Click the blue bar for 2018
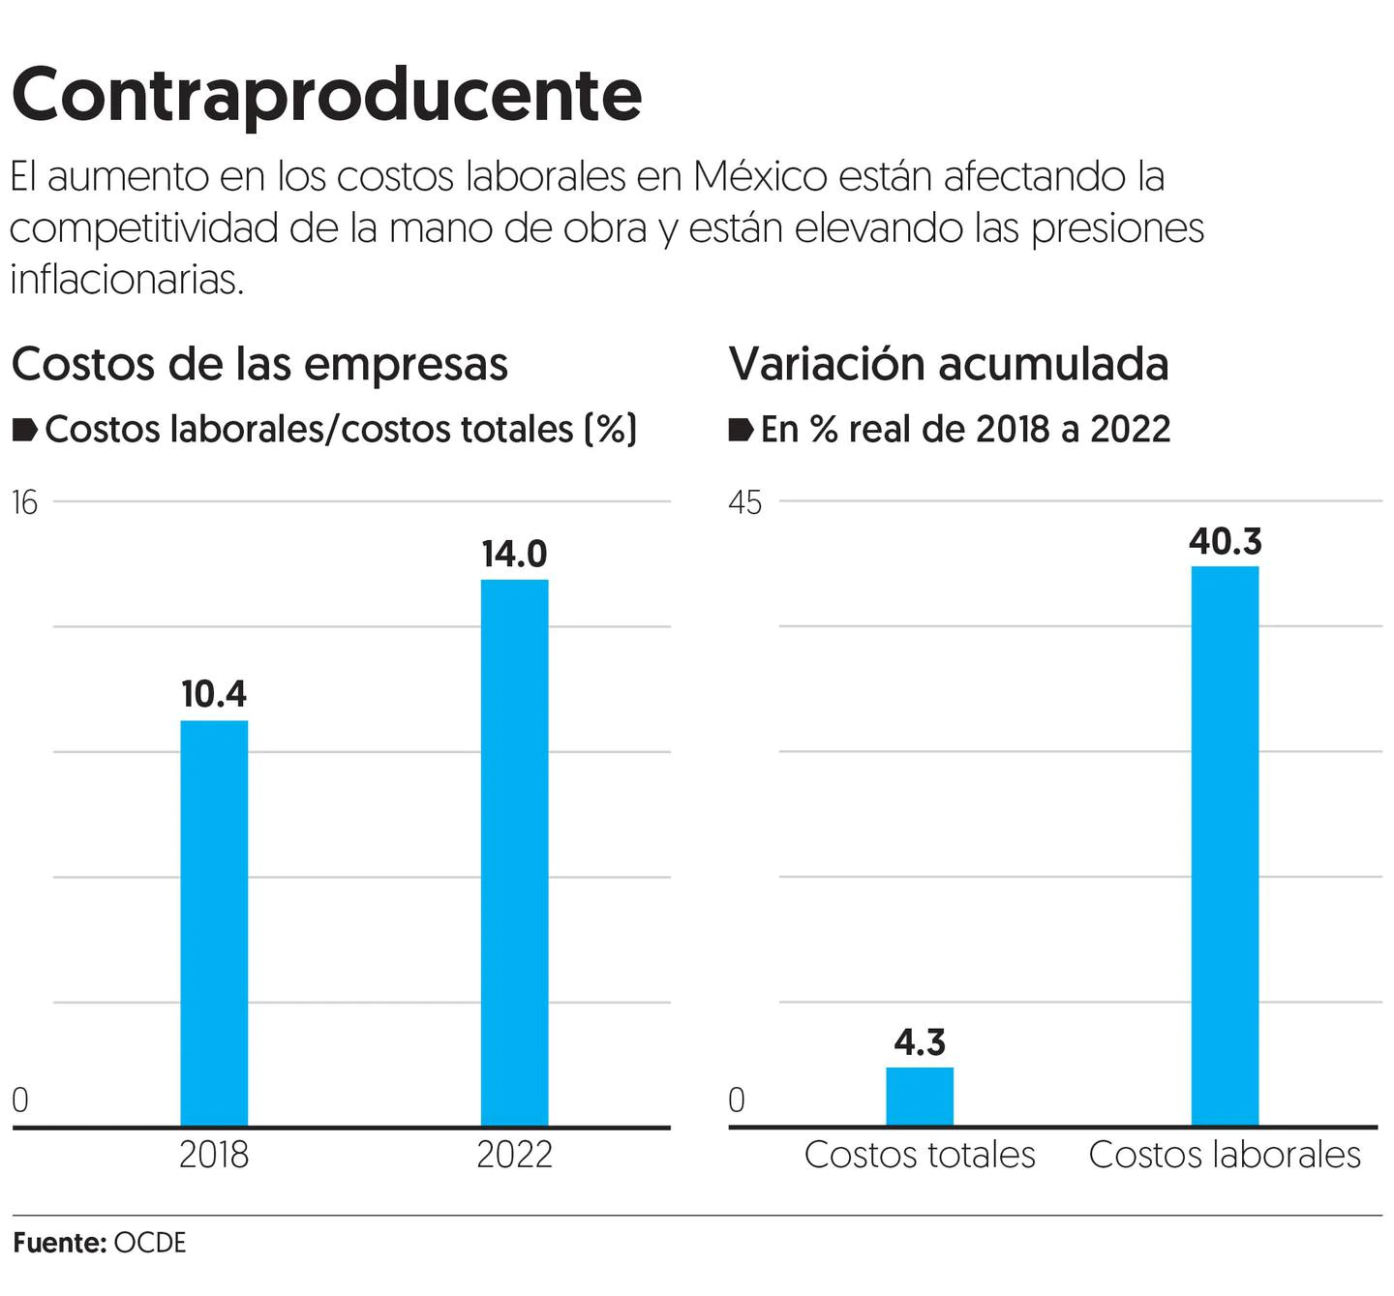[x=214, y=922]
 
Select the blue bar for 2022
[x=514, y=852]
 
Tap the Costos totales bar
[x=920, y=1097]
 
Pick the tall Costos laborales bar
[x=1225, y=845]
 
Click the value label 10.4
[x=214, y=694]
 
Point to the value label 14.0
[x=514, y=555]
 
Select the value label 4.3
[x=920, y=1042]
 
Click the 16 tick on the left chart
[x=24, y=502]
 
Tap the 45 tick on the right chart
[x=744, y=502]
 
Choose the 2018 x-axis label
[x=214, y=1155]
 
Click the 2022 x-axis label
[x=514, y=1155]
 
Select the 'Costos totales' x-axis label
[x=920, y=1155]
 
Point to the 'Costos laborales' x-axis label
[x=1225, y=1155]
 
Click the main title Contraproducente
[x=326, y=95]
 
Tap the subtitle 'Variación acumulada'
[x=949, y=364]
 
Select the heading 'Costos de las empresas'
[x=259, y=364]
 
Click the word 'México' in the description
[x=760, y=176]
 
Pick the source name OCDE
[x=150, y=1243]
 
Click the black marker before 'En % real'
[x=741, y=430]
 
